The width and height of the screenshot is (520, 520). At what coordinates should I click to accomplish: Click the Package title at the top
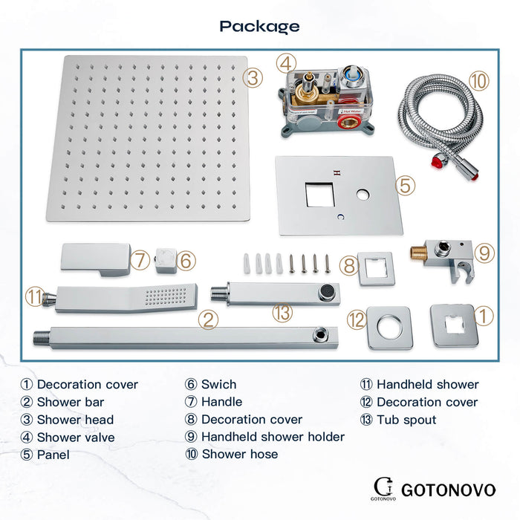tap(260, 27)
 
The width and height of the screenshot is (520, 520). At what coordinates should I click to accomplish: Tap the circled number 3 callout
tap(253, 78)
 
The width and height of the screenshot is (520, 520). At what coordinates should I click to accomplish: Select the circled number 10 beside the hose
tap(479, 80)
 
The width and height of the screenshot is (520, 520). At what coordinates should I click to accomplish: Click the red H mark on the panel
tap(337, 173)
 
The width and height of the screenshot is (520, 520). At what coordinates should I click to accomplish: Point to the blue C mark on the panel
tap(340, 217)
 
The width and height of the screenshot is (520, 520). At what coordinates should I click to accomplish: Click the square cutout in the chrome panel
tap(319, 195)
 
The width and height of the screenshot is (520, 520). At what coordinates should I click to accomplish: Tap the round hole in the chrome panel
tap(363, 195)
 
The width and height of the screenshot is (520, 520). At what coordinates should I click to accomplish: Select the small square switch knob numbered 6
tap(166, 261)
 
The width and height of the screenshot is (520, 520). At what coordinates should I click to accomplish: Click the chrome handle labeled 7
tap(96, 260)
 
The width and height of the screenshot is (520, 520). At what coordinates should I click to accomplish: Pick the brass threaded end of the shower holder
tap(418, 253)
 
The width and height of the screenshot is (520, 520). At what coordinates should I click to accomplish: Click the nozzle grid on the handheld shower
tap(166, 296)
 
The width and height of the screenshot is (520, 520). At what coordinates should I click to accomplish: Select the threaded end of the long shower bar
tap(42, 337)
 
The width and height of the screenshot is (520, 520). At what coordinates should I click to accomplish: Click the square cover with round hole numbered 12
tap(390, 328)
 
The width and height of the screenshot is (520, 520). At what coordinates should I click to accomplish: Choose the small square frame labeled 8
tap(377, 269)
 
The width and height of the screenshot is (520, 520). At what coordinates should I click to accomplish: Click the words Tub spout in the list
tap(406, 420)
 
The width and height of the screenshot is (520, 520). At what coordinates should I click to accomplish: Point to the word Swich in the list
tap(219, 384)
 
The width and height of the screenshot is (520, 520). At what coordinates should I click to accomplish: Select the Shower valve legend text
tap(76, 438)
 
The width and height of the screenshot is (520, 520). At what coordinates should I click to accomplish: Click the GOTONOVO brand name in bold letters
tap(449, 490)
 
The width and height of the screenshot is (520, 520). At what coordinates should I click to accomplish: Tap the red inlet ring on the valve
tap(349, 122)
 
